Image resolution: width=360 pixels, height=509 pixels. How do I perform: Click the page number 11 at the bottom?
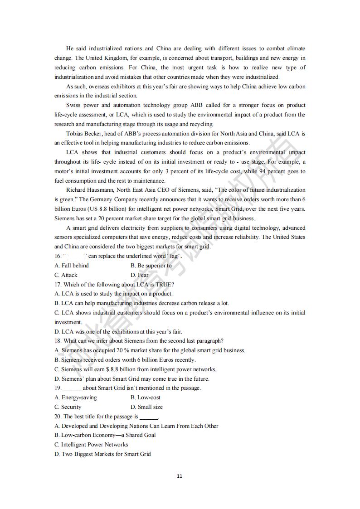[180, 476]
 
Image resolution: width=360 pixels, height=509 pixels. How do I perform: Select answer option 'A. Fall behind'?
[72, 266]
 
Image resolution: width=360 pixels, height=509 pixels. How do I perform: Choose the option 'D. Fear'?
[140, 275]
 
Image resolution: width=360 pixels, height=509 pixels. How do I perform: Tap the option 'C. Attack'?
[66, 275]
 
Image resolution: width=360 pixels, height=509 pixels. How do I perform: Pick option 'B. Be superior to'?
[151, 266]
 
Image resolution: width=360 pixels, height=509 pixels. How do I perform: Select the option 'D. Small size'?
[146, 407]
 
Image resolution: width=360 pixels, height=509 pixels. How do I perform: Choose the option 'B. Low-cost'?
[146, 398]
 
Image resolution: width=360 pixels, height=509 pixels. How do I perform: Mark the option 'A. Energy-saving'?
[76, 398]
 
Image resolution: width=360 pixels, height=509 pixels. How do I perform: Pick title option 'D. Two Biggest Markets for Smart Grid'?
[103, 454]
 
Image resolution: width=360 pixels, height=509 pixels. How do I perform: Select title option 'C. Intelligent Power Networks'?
[91, 445]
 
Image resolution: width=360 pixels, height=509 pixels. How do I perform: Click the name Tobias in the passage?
[75, 134]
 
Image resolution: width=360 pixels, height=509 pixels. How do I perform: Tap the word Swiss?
[74, 105]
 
